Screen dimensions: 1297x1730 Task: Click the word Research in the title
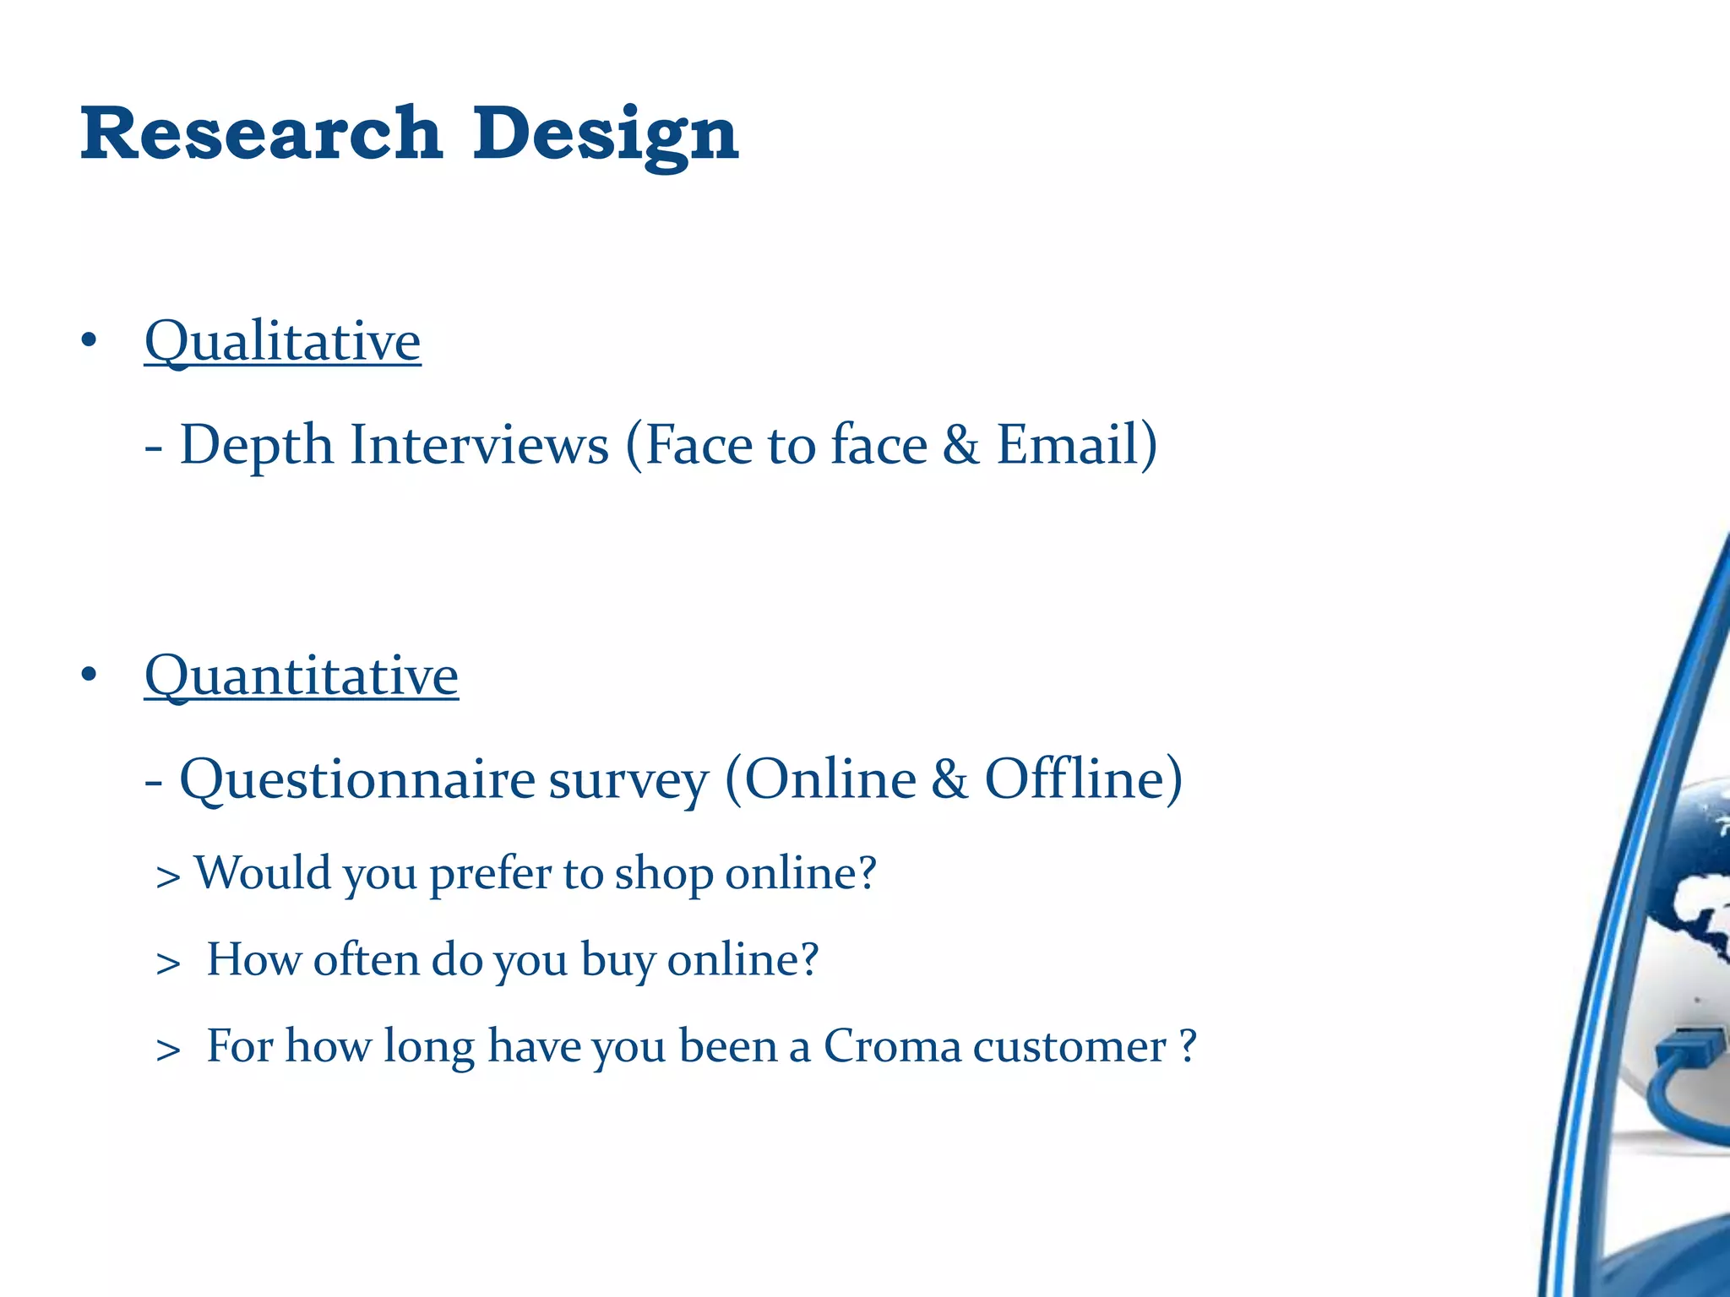coord(261,133)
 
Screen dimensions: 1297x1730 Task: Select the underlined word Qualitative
coord(282,341)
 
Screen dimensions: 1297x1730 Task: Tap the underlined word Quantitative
coord(301,676)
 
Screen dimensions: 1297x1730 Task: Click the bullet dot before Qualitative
coord(90,341)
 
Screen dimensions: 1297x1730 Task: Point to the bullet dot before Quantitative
coord(90,676)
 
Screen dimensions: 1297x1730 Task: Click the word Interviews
coord(479,445)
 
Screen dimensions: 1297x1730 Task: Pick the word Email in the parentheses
coord(1067,445)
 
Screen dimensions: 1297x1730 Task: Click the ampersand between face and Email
coord(960,445)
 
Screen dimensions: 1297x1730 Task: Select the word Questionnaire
coord(356,779)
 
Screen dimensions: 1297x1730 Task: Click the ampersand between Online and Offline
coord(949,779)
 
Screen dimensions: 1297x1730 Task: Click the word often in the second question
coord(366,960)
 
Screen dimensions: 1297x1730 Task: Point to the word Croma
coord(892,1046)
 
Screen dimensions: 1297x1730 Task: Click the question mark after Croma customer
coord(1188,1045)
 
